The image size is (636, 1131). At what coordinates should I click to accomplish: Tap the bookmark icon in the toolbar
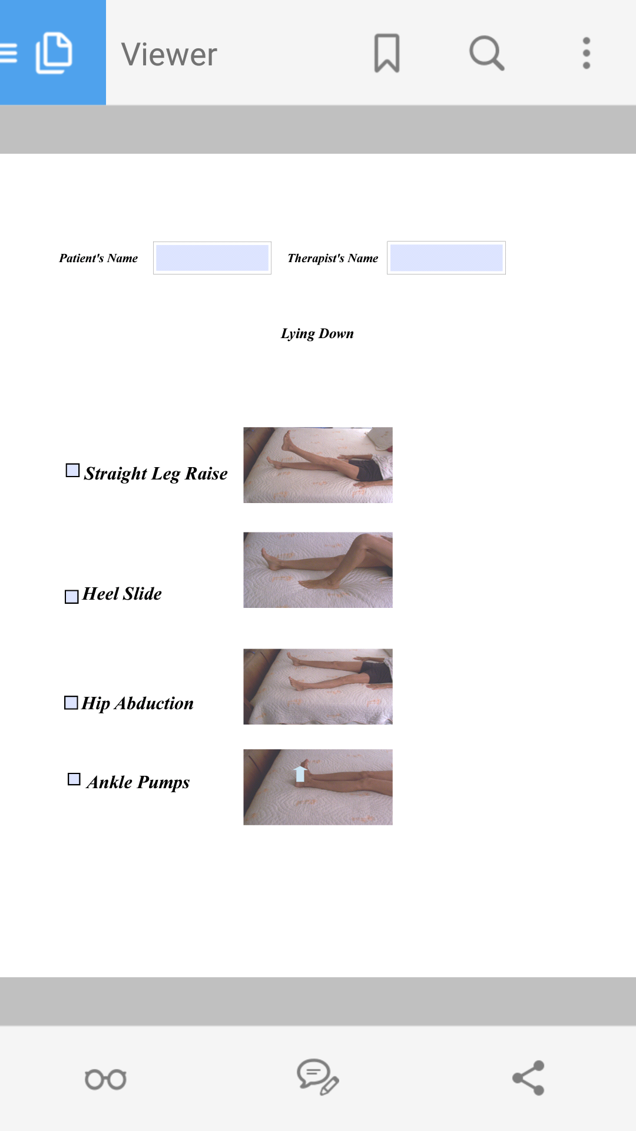387,53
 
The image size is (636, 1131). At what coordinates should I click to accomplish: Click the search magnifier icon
486,53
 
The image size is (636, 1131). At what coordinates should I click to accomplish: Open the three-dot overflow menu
586,53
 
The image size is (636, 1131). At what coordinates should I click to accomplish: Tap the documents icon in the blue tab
54,53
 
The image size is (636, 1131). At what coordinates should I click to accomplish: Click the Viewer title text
170,55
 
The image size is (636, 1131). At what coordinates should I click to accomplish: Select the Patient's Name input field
212,258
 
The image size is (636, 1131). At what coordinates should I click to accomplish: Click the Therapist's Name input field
446,258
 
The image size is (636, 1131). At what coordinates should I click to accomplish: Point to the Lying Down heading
317,333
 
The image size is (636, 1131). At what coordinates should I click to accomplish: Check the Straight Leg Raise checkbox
72,470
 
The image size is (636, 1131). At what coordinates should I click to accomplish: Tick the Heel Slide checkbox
71,597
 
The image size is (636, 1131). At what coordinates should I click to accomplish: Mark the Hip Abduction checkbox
71,703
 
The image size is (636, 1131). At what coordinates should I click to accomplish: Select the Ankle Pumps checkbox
74,779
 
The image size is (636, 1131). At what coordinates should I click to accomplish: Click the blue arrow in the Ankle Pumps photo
300,773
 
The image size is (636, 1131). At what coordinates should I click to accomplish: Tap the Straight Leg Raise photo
318,465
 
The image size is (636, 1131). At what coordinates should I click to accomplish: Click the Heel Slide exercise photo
318,570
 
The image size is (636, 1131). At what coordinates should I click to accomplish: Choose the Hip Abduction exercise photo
318,686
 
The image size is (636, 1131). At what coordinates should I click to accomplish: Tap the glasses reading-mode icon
106,1079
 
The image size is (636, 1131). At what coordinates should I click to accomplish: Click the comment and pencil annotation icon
317,1077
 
